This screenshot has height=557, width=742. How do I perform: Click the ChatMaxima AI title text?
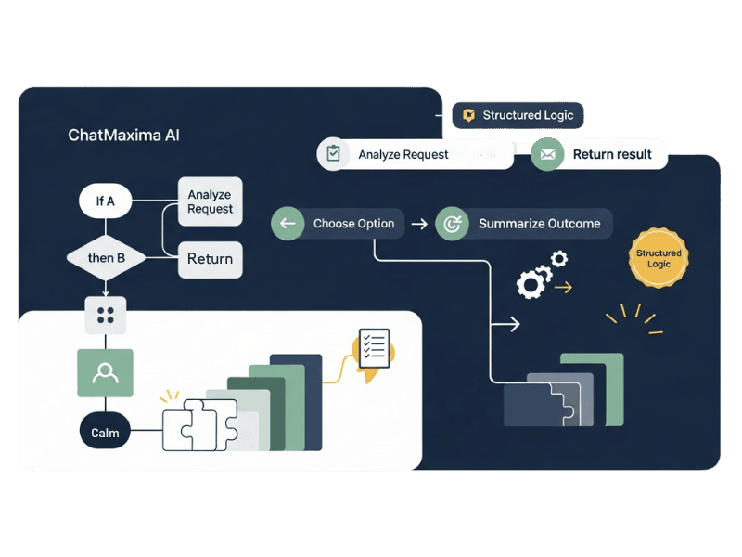pos(123,136)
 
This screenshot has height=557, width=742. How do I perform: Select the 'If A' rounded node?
pos(105,201)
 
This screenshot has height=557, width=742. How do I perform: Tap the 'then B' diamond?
pos(106,257)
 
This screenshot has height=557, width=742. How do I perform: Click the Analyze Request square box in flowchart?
pos(210,201)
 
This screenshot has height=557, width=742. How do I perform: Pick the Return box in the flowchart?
pos(210,259)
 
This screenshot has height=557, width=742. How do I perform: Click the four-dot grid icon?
pos(105,315)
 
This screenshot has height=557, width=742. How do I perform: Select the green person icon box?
pos(105,373)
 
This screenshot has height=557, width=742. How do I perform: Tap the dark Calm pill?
pos(105,433)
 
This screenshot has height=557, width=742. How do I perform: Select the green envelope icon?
pos(547,154)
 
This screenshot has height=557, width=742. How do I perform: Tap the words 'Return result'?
pos(612,154)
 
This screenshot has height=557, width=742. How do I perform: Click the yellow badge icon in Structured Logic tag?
pos(469,115)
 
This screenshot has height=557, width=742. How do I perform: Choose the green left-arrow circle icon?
pos(288,224)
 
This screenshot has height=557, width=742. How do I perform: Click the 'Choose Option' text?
pos(353,224)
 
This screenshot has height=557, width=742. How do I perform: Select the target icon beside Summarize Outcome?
pos(453,224)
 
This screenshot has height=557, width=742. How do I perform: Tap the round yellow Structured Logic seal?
pos(659,258)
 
